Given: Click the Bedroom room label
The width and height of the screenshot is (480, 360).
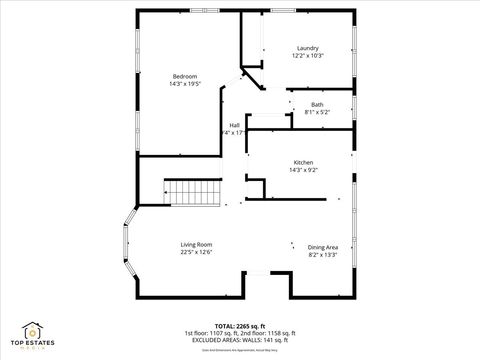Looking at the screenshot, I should coord(184,77).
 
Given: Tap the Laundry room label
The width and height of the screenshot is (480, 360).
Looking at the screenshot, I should coord(307,49).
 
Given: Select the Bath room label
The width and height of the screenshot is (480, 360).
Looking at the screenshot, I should coord(317,105).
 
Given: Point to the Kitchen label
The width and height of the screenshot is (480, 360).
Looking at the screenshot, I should coord(303,163).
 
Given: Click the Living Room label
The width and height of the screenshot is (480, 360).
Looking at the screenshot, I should coord(196,245).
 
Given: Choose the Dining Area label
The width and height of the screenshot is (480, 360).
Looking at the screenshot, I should coord(322,247).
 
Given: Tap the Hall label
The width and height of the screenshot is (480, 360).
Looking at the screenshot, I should coord(234,125).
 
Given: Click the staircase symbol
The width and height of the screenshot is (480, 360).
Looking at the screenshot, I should coord(192,192).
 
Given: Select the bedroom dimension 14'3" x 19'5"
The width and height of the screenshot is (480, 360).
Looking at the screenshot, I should coord(184,84).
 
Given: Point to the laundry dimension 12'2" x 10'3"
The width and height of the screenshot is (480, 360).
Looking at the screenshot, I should coord(307,56).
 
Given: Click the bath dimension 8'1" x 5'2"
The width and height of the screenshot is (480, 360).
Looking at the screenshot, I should coord(317,112).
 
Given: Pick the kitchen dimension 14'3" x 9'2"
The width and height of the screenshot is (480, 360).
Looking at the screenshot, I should coord(303,170).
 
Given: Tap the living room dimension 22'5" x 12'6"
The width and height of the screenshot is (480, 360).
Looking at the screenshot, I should coord(196,252).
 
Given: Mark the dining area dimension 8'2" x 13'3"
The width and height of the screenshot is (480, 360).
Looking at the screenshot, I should coord(322,254).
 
